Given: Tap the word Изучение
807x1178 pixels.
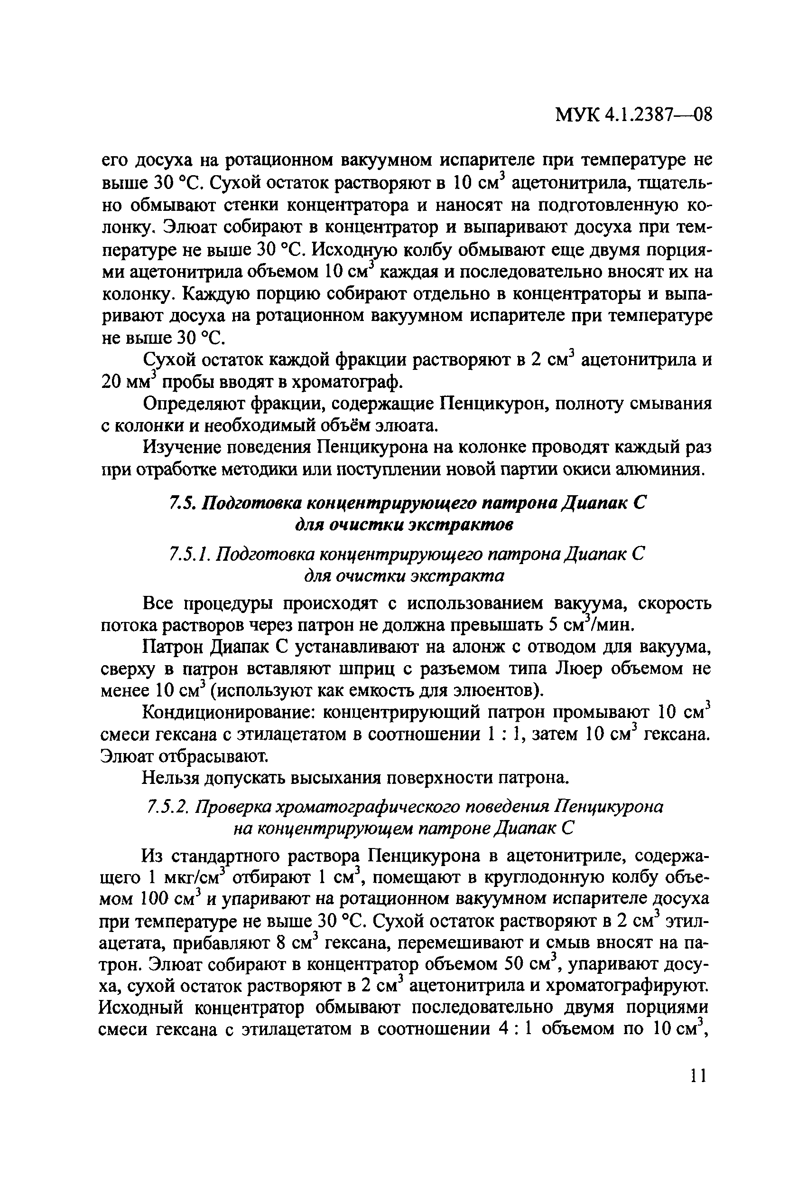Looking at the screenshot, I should coord(180,448).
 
